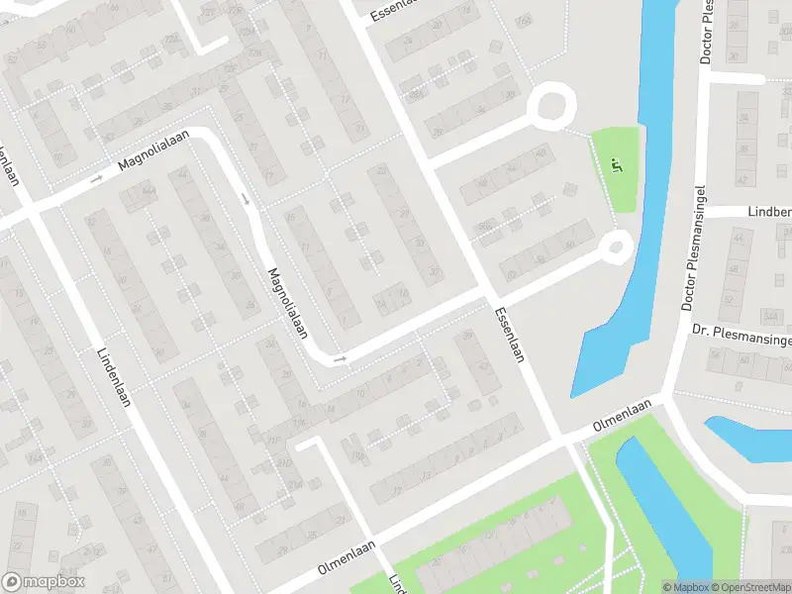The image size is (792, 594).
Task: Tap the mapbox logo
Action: [x=44, y=582]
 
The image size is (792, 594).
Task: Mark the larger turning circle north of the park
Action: [x=550, y=106]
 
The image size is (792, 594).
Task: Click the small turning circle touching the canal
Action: [x=617, y=245]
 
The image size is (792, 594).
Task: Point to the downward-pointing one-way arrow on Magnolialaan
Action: [x=247, y=200]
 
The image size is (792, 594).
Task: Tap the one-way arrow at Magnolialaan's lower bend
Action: [x=339, y=358]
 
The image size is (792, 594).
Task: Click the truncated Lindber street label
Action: [x=767, y=212]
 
